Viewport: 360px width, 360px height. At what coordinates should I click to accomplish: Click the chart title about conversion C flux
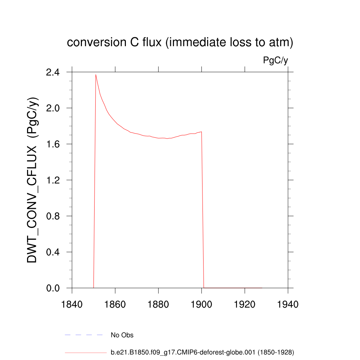tap(180, 43)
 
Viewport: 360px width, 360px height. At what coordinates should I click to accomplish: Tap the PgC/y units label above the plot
tap(276, 60)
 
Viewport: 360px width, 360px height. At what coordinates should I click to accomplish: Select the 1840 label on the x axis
tap(72, 304)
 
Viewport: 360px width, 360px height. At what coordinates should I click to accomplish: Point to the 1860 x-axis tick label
tap(115, 304)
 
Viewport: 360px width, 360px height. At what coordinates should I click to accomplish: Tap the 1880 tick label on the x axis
tap(159, 304)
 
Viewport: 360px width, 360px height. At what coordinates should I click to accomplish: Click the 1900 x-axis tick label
tap(201, 304)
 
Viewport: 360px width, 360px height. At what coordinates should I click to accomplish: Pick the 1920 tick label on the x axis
tap(245, 304)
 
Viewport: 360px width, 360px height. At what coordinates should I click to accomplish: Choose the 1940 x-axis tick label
tap(288, 304)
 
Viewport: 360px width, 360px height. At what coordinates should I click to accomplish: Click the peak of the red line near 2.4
tap(96, 75)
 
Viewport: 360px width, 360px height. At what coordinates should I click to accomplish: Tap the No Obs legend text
tap(122, 335)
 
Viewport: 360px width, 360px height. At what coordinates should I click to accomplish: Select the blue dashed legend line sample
tap(84, 335)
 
